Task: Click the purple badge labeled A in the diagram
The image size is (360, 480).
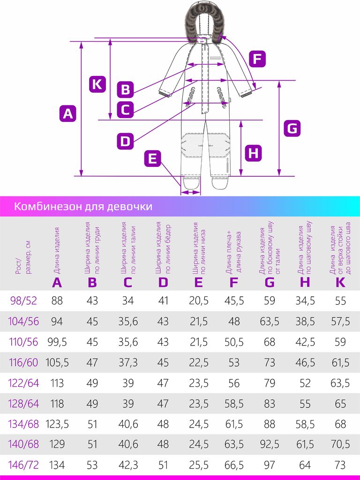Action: pyautogui.click(x=68, y=113)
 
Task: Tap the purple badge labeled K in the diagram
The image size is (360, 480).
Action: pyautogui.click(x=97, y=84)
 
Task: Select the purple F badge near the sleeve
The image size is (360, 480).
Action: pyautogui.click(x=256, y=59)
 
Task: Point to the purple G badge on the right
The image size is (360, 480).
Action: pyautogui.click(x=292, y=128)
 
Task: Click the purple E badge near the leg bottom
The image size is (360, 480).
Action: pyautogui.click(x=152, y=158)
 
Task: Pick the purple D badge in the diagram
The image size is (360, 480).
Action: pyautogui.click(x=125, y=141)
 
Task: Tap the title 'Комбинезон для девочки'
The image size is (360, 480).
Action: pyautogui.click(x=83, y=207)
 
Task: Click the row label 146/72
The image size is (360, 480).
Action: pyautogui.click(x=23, y=465)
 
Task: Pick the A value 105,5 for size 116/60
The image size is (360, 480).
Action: pyautogui.click(x=57, y=362)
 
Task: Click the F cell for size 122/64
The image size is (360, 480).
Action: pyautogui.click(x=234, y=383)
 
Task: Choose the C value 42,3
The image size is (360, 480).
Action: pyautogui.click(x=128, y=465)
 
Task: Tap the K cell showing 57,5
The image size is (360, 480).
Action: pyautogui.click(x=340, y=321)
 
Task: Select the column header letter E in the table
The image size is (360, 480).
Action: pyautogui.click(x=198, y=282)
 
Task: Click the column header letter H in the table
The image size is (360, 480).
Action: pyautogui.click(x=305, y=282)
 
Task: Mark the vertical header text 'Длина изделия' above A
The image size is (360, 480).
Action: pyautogui.click(x=57, y=250)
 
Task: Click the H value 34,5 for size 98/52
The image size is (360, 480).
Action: pyautogui.click(x=305, y=300)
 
